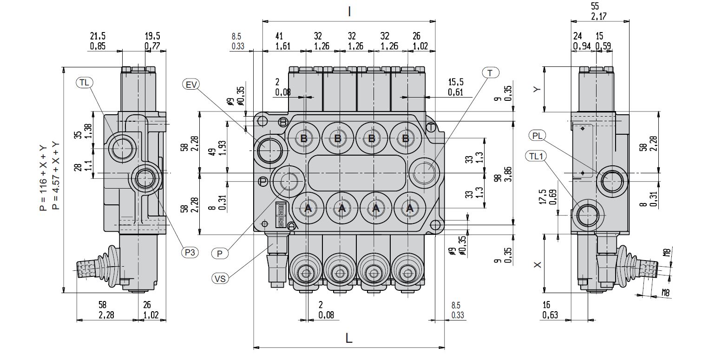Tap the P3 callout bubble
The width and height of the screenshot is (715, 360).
(190, 252)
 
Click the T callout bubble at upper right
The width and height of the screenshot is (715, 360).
(490, 72)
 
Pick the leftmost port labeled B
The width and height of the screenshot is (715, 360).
(304, 138)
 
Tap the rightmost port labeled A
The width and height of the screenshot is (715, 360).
(409, 209)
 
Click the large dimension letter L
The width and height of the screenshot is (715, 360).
(349, 338)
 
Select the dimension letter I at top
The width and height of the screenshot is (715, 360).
(349, 12)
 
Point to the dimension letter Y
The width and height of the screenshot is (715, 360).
(538, 89)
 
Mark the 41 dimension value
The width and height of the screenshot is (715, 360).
(279, 36)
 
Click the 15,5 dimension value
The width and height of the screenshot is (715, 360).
(456, 82)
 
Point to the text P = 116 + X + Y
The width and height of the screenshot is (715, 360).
(44, 177)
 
